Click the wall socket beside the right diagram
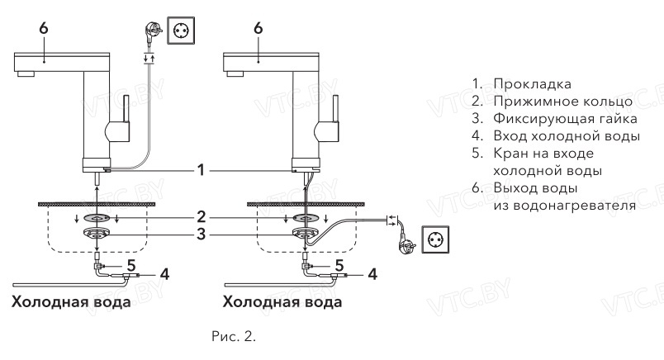[434, 239]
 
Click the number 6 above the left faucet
[43, 28]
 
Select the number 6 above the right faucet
[258, 28]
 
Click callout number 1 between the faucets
[200, 171]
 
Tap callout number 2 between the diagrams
[200, 217]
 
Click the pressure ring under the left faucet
[99, 217]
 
